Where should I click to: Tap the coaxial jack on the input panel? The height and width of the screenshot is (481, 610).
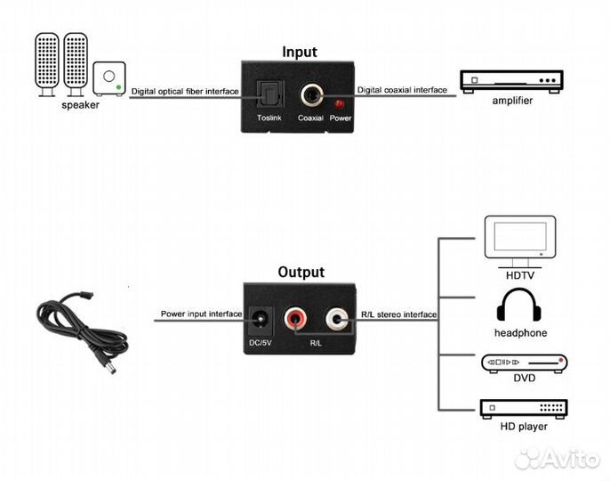(310, 94)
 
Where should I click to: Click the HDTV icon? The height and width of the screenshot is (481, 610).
(519, 237)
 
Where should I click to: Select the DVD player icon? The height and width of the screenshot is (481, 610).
(524, 363)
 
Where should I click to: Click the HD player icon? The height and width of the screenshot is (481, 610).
(524, 410)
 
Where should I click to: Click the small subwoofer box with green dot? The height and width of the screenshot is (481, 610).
(108, 78)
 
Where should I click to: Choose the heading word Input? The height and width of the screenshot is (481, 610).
(299, 52)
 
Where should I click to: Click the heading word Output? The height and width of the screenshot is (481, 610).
(301, 272)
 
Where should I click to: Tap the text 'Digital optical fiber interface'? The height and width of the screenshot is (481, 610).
(185, 91)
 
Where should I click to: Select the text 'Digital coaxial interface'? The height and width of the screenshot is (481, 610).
(402, 91)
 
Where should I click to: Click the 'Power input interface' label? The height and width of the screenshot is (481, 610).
(201, 314)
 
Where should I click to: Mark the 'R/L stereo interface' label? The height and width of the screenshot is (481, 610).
(398, 314)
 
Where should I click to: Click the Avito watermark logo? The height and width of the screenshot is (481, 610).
(558, 458)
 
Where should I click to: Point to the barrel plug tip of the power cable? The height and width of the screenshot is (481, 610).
(109, 367)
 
